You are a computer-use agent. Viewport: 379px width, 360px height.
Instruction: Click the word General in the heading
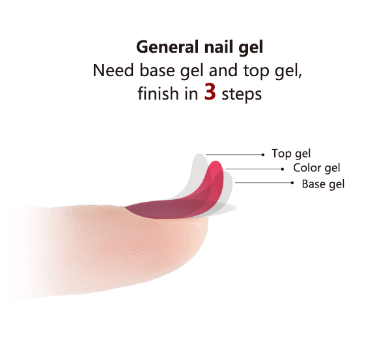pyautogui.click(x=167, y=47)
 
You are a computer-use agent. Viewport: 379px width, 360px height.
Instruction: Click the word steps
pyautogui.click(x=242, y=94)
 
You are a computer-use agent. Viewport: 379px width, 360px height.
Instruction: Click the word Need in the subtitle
pyautogui.click(x=113, y=70)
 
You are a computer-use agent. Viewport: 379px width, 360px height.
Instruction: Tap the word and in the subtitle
pyautogui.click(x=223, y=70)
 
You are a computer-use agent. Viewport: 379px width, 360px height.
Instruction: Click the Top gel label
pyautogui.click(x=291, y=154)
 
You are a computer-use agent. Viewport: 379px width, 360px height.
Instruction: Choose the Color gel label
pyautogui.click(x=316, y=168)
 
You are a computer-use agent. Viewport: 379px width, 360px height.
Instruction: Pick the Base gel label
pyautogui.click(x=323, y=184)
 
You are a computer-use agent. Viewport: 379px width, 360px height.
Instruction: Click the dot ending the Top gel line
pyautogui.click(x=263, y=155)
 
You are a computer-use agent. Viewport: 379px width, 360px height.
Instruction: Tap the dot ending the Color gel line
pyautogui.click(x=283, y=169)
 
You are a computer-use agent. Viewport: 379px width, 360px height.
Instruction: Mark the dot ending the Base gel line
pyautogui.click(x=292, y=183)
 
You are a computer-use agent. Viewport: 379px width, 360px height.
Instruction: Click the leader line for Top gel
pyautogui.click(x=234, y=155)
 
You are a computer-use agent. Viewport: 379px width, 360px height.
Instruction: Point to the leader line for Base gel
pyautogui.click(x=263, y=183)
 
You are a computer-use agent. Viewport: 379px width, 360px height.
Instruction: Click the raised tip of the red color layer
pyautogui.click(x=217, y=161)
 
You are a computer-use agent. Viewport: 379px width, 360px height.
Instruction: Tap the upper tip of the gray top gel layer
pyautogui.click(x=199, y=154)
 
